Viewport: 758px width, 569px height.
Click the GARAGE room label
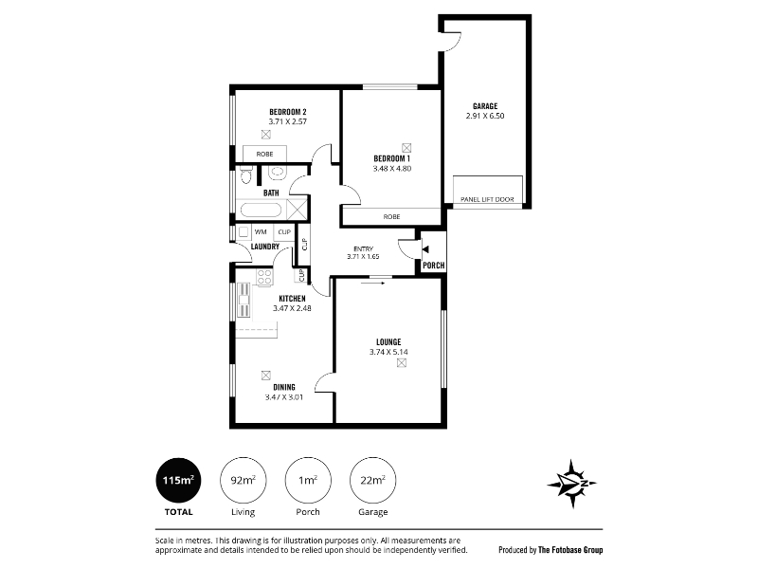pyautogui.click(x=485, y=106)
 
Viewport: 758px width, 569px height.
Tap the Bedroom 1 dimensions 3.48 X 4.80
pyautogui.click(x=392, y=169)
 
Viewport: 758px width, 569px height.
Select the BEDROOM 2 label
pyautogui.click(x=288, y=112)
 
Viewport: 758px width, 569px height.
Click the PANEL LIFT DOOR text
pyautogui.click(x=487, y=199)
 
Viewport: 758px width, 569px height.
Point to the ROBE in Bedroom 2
pyautogui.click(x=264, y=154)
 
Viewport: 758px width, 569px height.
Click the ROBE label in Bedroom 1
pyautogui.click(x=391, y=217)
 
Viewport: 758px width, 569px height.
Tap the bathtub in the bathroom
pyautogui.click(x=261, y=210)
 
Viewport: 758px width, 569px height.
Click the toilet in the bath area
pyautogui.click(x=246, y=174)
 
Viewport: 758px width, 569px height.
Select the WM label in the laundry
pyautogui.click(x=261, y=231)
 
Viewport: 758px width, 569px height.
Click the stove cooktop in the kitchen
pyautogui.click(x=264, y=277)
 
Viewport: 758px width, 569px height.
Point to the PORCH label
pyautogui.click(x=434, y=266)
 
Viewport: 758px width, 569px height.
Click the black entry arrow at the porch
pyautogui.click(x=425, y=249)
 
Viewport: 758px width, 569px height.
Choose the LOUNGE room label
pyautogui.click(x=388, y=342)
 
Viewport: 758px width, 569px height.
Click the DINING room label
pyautogui.click(x=284, y=387)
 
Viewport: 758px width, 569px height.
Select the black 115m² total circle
pyautogui.click(x=178, y=481)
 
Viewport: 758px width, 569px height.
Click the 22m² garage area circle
pyautogui.click(x=372, y=481)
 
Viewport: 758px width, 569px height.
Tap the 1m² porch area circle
pyautogui.click(x=308, y=481)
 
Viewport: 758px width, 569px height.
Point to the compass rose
pyautogui.click(x=572, y=484)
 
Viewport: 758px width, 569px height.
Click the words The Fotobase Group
pyautogui.click(x=570, y=550)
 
